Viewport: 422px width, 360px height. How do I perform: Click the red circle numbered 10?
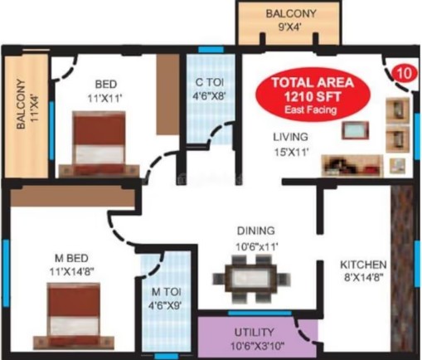click(404, 74)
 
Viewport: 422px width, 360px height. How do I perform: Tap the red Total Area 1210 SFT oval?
click(313, 95)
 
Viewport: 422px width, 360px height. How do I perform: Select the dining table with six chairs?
click(251, 278)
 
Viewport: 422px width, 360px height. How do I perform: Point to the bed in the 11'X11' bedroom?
click(99, 144)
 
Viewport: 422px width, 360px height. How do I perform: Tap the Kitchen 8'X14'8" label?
click(363, 270)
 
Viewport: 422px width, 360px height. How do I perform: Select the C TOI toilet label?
click(209, 89)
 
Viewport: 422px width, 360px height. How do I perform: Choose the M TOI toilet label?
click(166, 299)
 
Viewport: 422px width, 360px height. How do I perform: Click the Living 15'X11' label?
click(291, 144)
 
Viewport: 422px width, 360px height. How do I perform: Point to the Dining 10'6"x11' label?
click(256, 238)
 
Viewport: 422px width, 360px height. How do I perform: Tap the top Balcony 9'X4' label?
click(290, 20)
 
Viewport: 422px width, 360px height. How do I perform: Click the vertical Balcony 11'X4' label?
click(27, 105)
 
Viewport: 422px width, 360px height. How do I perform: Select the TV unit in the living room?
click(355, 130)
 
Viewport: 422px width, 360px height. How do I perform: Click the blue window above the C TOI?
click(211, 50)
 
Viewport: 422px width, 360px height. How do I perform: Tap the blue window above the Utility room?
click(260, 314)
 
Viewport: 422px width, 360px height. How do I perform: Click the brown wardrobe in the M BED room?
click(72, 196)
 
